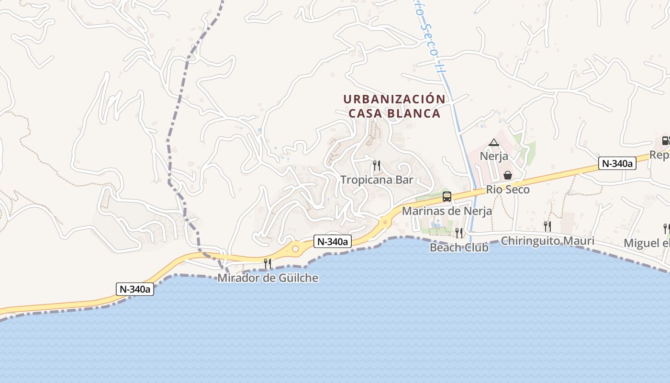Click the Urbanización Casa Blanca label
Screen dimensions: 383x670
click(x=394, y=106)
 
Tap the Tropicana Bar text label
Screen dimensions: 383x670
click(x=377, y=180)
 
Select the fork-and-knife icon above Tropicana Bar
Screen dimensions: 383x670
click(x=377, y=166)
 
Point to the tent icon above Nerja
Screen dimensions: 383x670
click(x=494, y=142)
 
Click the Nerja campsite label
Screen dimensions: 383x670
click(x=494, y=156)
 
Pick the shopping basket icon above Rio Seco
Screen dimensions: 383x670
click(x=508, y=175)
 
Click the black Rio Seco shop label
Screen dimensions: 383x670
click(x=508, y=190)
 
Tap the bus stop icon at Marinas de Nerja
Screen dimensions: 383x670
click(x=447, y=196)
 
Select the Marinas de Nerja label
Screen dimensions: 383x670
click(x=447, y=211)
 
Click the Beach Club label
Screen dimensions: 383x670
click(x=459, y=248)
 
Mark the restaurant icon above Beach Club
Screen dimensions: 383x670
click(x=459, y=233)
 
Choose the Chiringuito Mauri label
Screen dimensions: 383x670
click(x=547, y=240)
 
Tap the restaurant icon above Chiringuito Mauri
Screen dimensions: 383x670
click(x=547, y=226)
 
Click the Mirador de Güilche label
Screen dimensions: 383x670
click(x=268, y=278)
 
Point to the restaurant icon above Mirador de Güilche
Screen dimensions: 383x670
click(x=268, y=263)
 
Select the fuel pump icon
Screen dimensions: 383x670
click(x=666, y=141)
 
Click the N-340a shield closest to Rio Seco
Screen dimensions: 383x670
click(x=617, y=164)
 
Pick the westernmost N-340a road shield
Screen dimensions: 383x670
click(x=135, y=289)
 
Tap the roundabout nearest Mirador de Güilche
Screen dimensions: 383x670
click(x=295, y=249)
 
